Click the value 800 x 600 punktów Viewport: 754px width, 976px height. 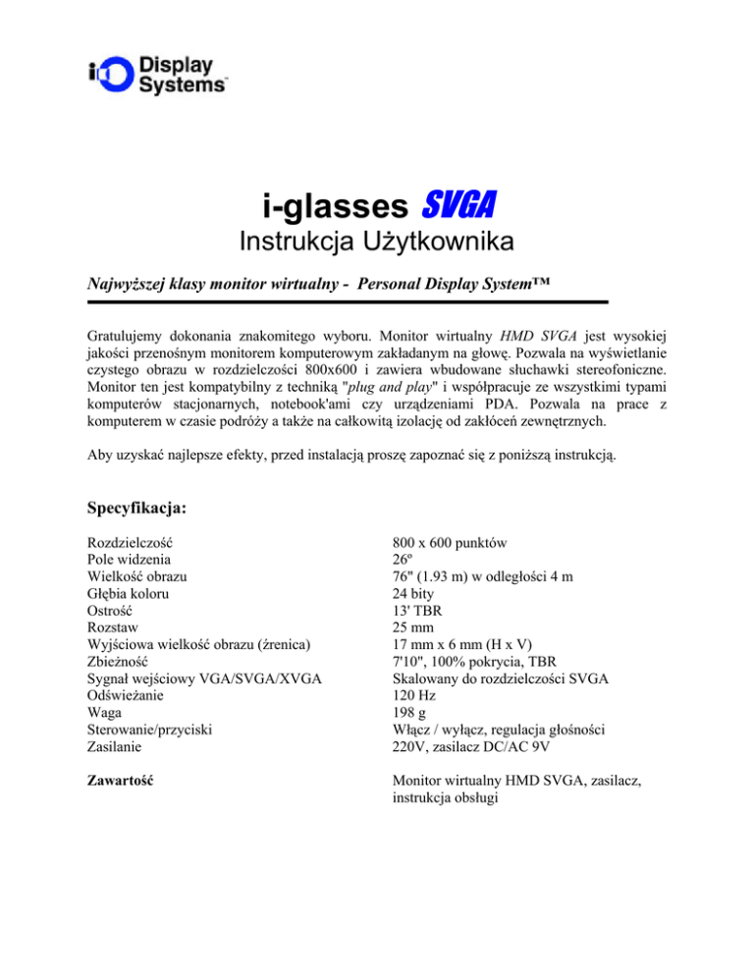click(454, 543)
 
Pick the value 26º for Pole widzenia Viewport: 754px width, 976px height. click(403, 561)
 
